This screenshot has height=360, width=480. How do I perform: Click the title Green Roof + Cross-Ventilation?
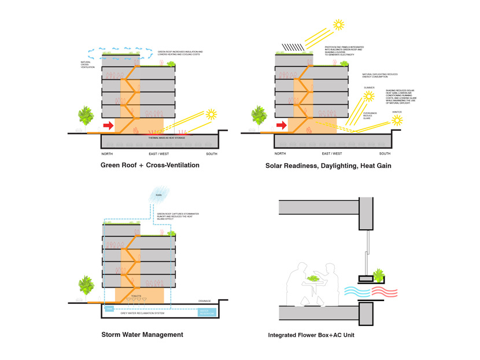coord(150,166)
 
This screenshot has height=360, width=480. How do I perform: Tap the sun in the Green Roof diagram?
coord(212,114)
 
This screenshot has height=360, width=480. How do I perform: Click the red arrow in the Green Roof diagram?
coord(108,125)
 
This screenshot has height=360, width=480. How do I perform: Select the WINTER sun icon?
coord(397,120)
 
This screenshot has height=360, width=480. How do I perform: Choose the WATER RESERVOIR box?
coord(206,313)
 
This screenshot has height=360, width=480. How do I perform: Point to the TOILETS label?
coord(136,296)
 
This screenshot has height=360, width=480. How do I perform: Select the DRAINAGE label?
coord(205,301)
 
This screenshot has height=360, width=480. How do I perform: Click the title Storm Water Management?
coord(142,335)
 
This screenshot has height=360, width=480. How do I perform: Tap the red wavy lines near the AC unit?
coord(384,292)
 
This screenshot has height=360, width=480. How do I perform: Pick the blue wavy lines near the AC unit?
coord(358,292)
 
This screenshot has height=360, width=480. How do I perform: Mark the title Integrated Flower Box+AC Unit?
coord(311,335)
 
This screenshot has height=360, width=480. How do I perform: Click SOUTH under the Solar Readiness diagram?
coord(385,153)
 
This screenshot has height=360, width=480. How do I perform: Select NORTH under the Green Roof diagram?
coord(107,153)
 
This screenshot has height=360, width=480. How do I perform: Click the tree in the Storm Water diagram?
coord(86,285)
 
